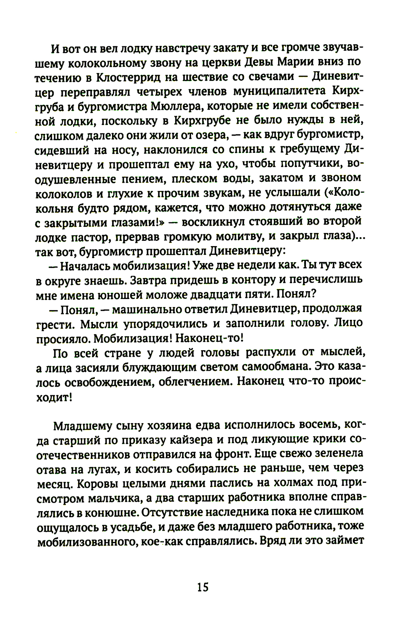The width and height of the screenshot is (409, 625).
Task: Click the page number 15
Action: (x=203, y=587)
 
